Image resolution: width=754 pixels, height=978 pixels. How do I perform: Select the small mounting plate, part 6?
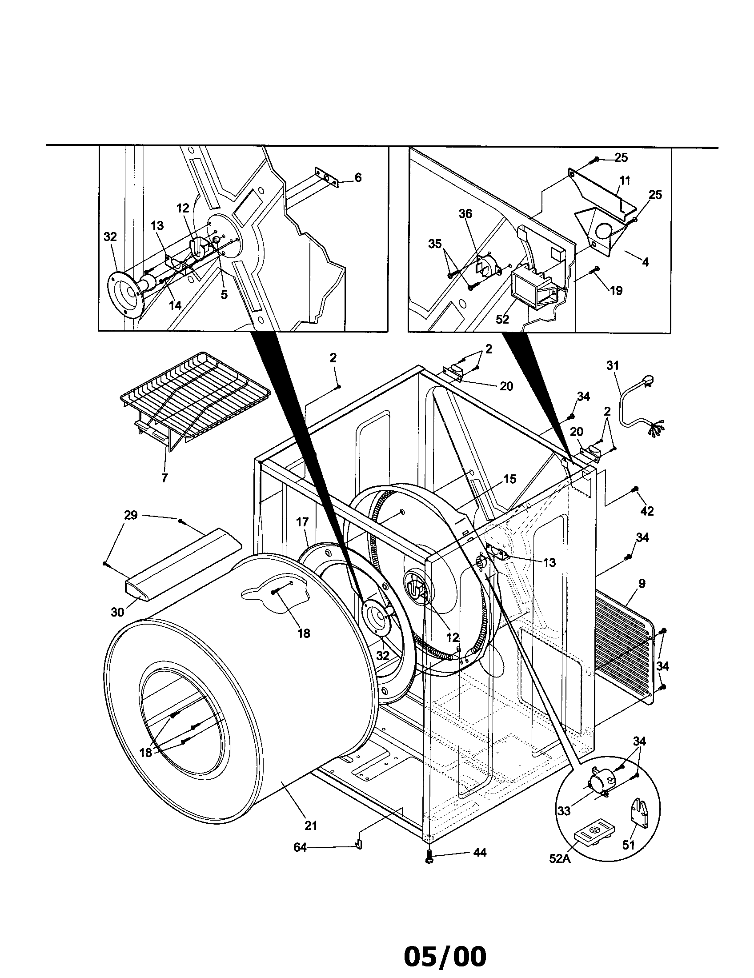(x=327, y=178)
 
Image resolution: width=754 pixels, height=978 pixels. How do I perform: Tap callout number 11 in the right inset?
(x=625, y=180)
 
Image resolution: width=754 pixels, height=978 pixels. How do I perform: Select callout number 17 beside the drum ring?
(x=302, y=522)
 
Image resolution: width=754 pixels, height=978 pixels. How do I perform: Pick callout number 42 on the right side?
(x=647, y=510)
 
